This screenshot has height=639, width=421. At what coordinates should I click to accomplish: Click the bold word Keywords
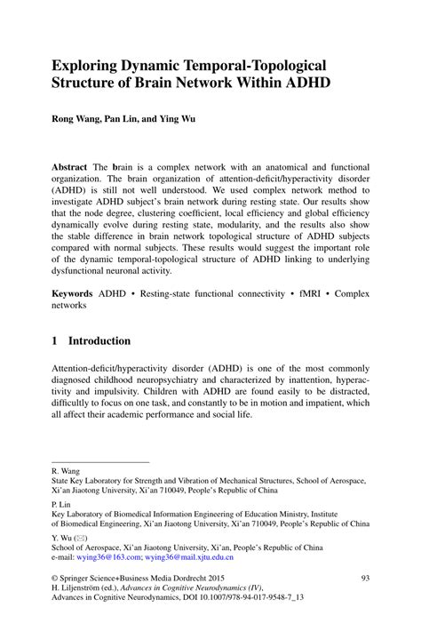click(75, 292)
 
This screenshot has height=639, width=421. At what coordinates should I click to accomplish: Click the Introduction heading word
click(99, 340)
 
